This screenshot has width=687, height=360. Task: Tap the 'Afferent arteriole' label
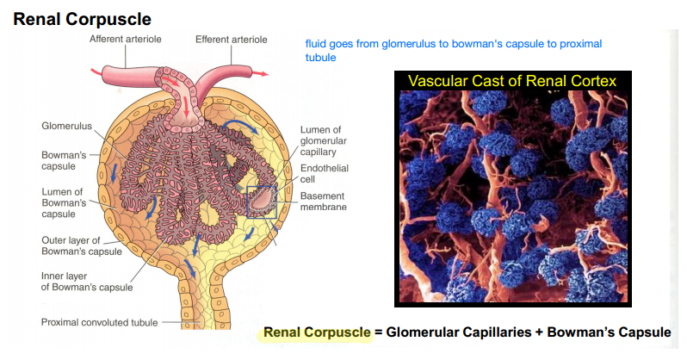click(126, 40)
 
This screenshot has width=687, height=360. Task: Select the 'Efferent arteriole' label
click(231, 40)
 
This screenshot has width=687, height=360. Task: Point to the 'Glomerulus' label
click(67, 126)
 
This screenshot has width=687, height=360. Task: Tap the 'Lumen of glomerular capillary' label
click(320, 140)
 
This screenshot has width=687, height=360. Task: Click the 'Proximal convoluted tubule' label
click(100, 322)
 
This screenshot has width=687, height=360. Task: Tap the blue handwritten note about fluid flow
click(454, 50)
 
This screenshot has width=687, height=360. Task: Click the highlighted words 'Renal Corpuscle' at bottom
click(316, 332)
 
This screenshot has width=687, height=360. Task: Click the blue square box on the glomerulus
click(262, 201)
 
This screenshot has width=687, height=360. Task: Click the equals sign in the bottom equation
click(378, 332)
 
